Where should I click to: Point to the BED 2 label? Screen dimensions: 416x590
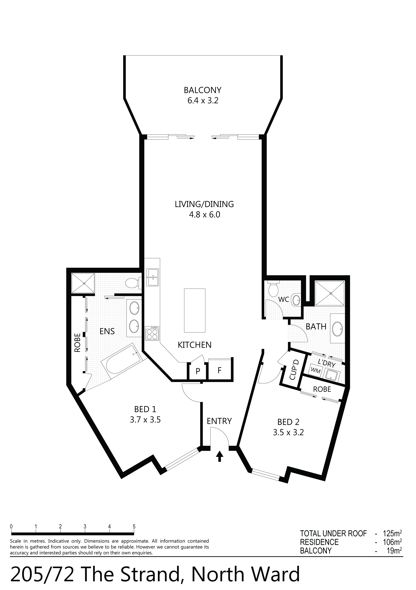click(288, 422)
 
